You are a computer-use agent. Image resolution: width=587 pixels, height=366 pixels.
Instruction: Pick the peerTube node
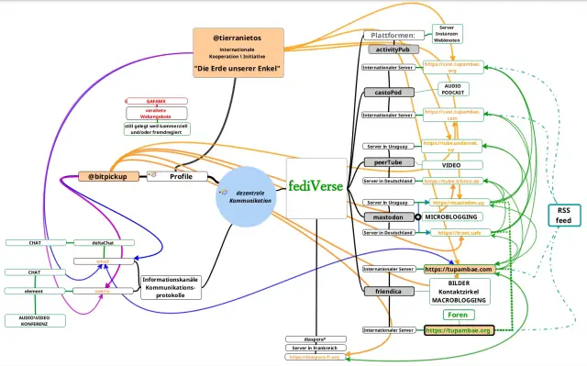(389, 161)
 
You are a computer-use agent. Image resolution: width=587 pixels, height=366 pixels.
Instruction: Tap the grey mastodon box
(389, 216)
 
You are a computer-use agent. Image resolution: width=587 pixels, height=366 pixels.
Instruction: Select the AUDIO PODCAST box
(458, 89)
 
